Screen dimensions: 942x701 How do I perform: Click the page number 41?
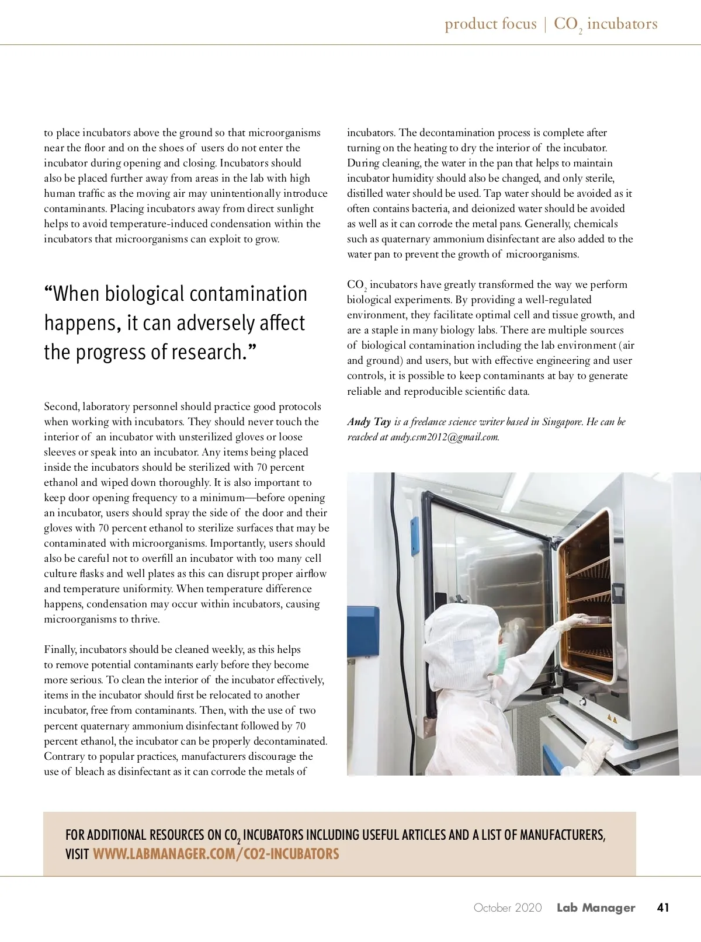coord(662,908)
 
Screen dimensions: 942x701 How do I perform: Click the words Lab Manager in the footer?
coord(595,908)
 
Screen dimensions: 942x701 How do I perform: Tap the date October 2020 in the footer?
coord(507,908)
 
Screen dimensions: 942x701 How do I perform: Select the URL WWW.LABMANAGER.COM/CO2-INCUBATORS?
coord(216,854)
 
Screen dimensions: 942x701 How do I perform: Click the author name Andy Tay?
coord(369,422)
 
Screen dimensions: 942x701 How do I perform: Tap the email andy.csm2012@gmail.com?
coord(444,437)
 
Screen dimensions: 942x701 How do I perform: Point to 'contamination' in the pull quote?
coord(244,294)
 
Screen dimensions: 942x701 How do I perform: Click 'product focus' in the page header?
coord(490,24)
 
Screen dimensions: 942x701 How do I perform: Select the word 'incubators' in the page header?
coord(622,24)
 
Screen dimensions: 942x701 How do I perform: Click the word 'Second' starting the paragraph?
coord(61,406)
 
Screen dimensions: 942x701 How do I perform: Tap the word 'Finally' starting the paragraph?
coord(60,649)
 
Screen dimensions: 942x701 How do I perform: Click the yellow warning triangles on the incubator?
coord(612,718)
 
